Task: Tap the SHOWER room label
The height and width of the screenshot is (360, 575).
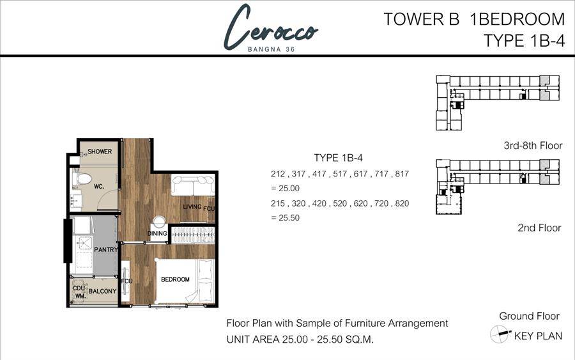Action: [x=100, y=151]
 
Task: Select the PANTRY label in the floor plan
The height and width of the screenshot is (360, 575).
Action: [x=106, y=249]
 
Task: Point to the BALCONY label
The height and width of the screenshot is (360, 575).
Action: [x=102, y=291]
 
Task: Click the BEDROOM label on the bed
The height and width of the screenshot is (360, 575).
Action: [x=175, y=279]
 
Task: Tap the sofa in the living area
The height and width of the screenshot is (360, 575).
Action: [x=192, y=185]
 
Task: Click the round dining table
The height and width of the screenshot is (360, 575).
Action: [x=160, y=223]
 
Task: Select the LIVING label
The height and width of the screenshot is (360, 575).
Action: [x=192, y=207]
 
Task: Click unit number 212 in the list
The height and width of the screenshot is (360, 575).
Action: [x=278, y=174]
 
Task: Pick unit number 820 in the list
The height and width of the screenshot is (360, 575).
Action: [x=402, y=203]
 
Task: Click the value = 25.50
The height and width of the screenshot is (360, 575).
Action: [x=286, y=217]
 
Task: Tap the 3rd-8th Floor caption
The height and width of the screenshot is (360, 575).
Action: [x=533, y=146]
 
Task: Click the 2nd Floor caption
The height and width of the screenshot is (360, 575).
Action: [x=539, y=228]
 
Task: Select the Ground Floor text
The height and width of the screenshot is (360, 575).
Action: [x=529, y=316]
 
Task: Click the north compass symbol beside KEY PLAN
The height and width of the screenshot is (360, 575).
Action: [x=500, y=334]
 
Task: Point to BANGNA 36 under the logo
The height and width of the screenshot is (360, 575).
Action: [x=272, y=49]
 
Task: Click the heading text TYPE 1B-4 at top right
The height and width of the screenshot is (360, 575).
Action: [x=525, y=40]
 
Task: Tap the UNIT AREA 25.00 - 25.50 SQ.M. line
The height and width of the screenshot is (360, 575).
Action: [x=300, y=339]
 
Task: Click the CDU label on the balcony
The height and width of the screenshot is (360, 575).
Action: [x=79, y=288]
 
